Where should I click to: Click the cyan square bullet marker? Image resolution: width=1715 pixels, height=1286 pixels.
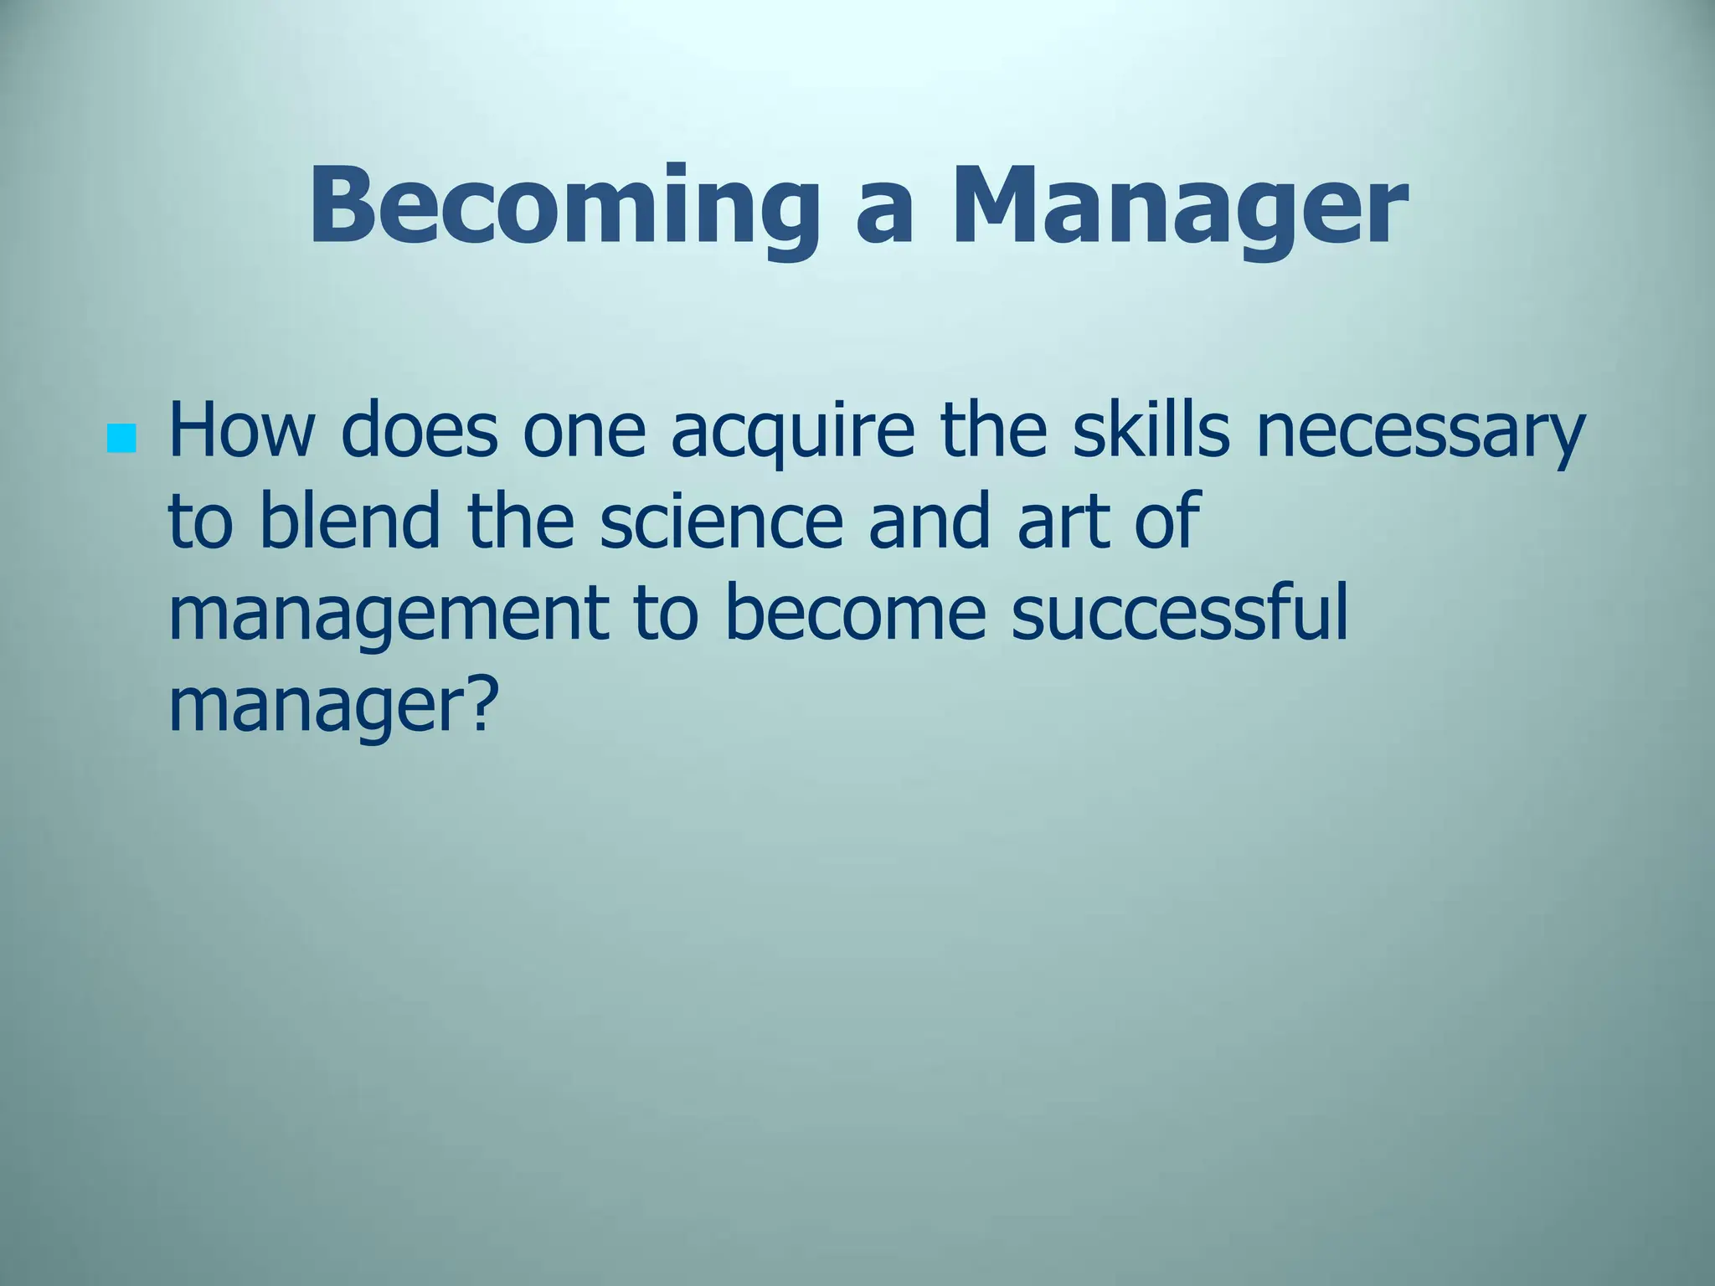pyautogui.click(x=122, y=439)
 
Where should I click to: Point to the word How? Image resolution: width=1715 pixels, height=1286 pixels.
pyautogui.click(x=242, y=432)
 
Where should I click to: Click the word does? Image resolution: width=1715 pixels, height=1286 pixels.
pyautogui.click(x=419, y=432)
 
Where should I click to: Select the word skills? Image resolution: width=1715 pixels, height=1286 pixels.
pyautogui.click(x=1151, y=432)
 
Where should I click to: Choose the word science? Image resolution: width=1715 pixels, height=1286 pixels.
pyautogui.click(x=720, y=522)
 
